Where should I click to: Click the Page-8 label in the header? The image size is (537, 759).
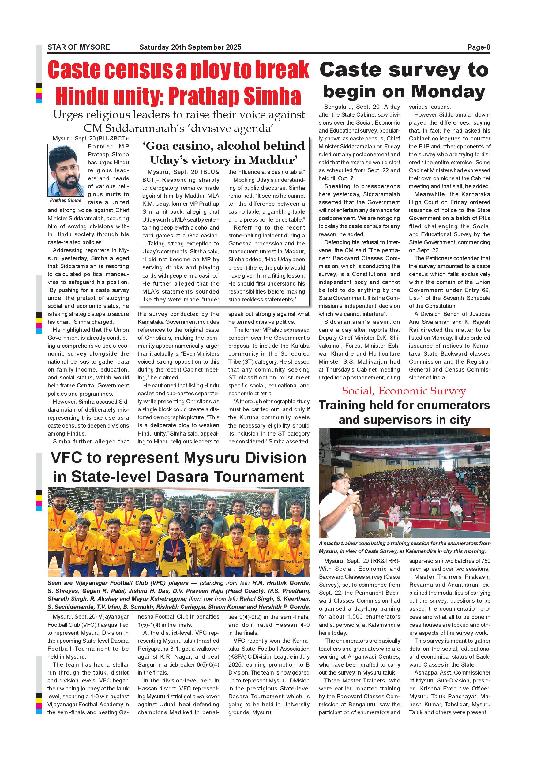[x=479, y=47]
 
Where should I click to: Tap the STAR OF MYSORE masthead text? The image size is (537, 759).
[x=79, y=47]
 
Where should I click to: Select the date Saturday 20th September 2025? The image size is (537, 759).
[x=190, y=47]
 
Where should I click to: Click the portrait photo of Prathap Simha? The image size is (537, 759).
[x=66, y=170]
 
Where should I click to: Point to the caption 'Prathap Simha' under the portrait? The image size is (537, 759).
[x=66, y=200]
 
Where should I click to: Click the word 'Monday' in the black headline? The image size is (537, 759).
[x=449, y=91]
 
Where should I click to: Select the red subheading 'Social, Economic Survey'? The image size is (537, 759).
[x=404, y=391]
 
